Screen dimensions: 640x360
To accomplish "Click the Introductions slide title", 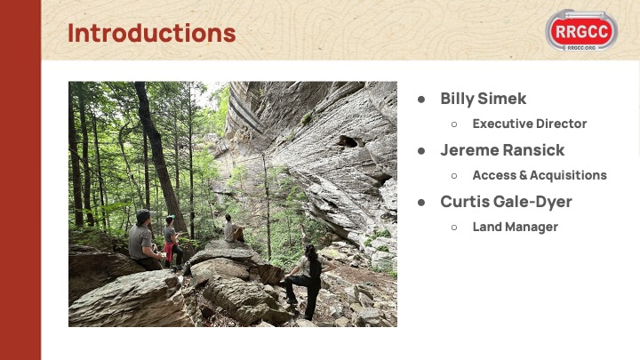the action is (x=151, y=33).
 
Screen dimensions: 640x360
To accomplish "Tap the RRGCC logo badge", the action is (x=581, y=30).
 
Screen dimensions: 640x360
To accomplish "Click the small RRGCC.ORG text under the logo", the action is (x=581, y=48).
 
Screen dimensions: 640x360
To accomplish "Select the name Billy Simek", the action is (x=484, y=99).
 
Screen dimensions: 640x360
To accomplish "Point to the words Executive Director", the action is (x=530, y=124).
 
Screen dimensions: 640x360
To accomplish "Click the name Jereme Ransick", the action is (x=502, y=150).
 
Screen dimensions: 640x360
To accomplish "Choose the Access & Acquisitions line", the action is (x=540, y=175).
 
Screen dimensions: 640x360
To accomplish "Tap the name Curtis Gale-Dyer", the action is (x=506, y=202).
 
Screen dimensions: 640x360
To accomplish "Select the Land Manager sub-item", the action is (x=515, y=227).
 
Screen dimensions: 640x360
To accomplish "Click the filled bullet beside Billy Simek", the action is (x=421, y=100).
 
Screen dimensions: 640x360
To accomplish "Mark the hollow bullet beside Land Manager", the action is (x=454, y=228).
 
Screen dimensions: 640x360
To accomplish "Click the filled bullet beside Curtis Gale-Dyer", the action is (x=421, y=203).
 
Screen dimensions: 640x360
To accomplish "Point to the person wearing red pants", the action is (x=172, y=242).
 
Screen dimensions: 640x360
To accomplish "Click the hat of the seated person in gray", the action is (x=144, y=215).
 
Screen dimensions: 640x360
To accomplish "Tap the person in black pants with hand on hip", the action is (x=308, y=280).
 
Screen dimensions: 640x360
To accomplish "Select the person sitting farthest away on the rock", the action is (x=234, y=228).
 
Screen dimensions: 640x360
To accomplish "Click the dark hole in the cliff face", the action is (x=348, y=141).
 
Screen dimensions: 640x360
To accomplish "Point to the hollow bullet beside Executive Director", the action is (x=454, y=124).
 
